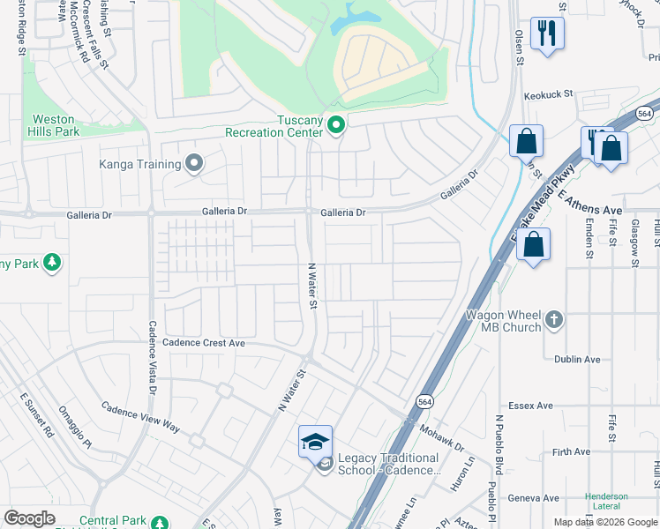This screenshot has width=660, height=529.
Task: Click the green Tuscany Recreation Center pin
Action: coord(335,126)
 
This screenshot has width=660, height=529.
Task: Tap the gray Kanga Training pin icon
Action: coord(195,163)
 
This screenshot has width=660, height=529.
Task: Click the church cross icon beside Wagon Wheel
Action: coord(553,320)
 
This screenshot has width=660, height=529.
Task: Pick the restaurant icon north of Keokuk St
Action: coord(547,34)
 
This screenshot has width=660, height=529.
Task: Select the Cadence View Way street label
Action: coord(140,417)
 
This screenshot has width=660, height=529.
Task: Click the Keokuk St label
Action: coord(548,93)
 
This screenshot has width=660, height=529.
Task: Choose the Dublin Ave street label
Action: coord(577,360)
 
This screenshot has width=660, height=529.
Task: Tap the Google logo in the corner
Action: coord(29,518)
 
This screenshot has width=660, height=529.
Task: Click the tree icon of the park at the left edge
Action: coord(52,262)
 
